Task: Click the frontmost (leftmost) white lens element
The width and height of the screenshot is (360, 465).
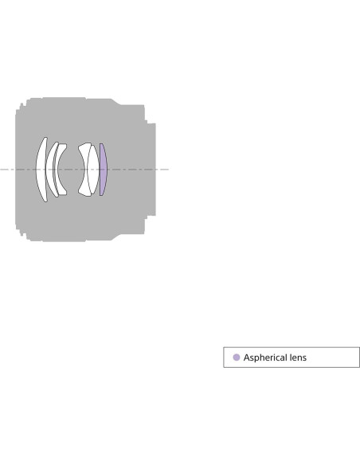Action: (41, 170)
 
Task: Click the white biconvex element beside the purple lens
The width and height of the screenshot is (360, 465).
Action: (93, 170)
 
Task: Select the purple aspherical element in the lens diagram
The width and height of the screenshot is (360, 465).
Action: (104, 170)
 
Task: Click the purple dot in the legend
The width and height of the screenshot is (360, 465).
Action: (237, 358)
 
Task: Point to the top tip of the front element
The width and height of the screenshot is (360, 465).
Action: (45, 137)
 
